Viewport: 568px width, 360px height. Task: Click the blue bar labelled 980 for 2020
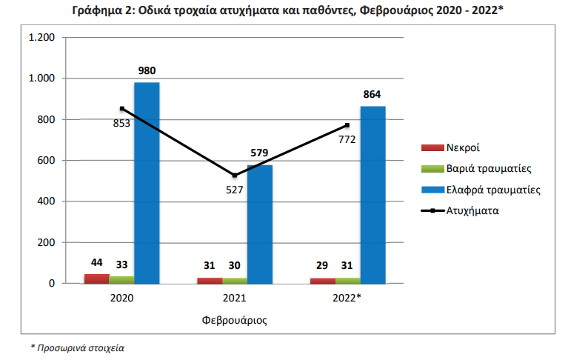[x=147, y=183]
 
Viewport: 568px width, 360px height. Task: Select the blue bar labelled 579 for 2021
[x=259, y=224]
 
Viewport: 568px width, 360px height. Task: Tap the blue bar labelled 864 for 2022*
[x=372, y=195]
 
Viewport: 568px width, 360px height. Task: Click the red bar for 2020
[x=96, y=279]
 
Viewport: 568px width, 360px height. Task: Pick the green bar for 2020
[x=121, y=280]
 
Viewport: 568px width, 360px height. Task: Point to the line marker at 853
[x=122, y=108]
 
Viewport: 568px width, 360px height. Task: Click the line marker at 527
[x=235, y=176]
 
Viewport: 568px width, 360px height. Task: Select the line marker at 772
[x=347, y=124]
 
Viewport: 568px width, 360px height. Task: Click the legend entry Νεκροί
[x=467, y=148]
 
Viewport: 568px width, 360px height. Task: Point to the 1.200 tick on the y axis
[x=41, y=38]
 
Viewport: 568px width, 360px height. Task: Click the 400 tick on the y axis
[x=47, y=201]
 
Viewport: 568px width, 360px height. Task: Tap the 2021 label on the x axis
[x=234, y=298]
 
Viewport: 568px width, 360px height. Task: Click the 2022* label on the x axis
[x=347, y=298]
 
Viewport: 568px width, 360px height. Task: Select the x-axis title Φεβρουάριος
[x=234, y=321]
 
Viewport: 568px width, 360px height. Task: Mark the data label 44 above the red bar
[x=96, y=264]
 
